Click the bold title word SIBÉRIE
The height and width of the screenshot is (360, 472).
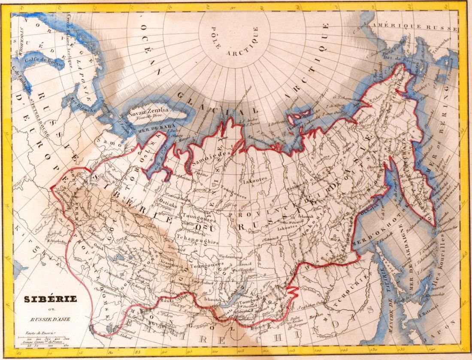[47, 299]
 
